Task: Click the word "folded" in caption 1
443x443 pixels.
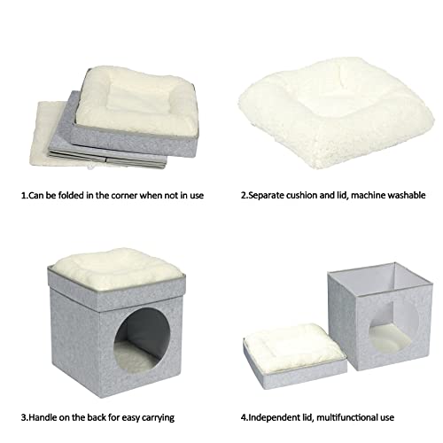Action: [x=71, y=195]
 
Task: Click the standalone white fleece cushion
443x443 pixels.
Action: [x=336, y=113]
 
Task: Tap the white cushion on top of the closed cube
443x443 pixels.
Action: [x=118, y=264]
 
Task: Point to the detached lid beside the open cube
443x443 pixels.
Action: [x=295, y=356]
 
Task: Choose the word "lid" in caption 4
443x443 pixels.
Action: [x=308, y=417]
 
